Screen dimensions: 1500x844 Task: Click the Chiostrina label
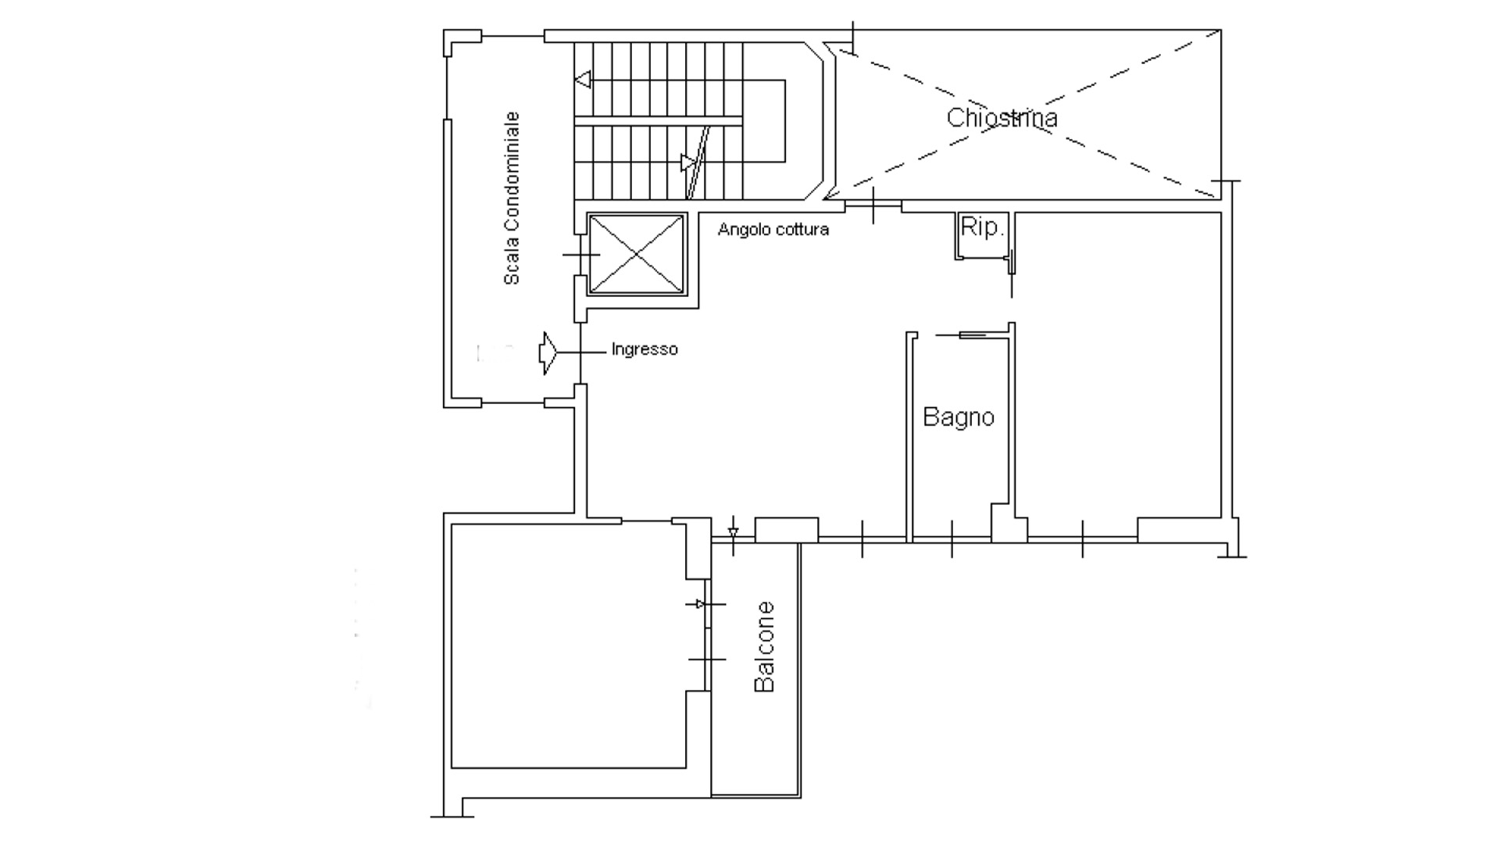[x=1002, y=118]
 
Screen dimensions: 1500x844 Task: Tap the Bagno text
[x=959, y=417]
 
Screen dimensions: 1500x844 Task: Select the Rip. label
[x=981, y=227]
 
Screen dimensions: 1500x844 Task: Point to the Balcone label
[x=764, y=646]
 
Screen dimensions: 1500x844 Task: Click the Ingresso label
[x=645, y=349]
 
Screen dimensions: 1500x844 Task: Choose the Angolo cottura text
[x=773, y=230]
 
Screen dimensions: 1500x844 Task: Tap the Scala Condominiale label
[x=511, y=198]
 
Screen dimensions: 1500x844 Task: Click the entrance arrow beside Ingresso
[x=548, y=353]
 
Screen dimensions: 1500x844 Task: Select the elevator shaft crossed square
[x=636, y=255]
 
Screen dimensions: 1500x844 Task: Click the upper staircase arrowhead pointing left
[x=583, y=80]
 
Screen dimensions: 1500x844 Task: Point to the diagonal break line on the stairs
[x=697, y=163]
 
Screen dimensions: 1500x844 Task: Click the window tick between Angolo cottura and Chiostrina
[x=873, y=206]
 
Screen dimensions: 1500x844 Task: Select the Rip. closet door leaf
[x=1010, y=262]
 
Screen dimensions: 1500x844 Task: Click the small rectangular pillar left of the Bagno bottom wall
[x=787, y=530]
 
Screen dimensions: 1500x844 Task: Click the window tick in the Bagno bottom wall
[x=952, y=538]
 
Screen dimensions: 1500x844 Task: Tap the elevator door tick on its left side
[x=580, y=255]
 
